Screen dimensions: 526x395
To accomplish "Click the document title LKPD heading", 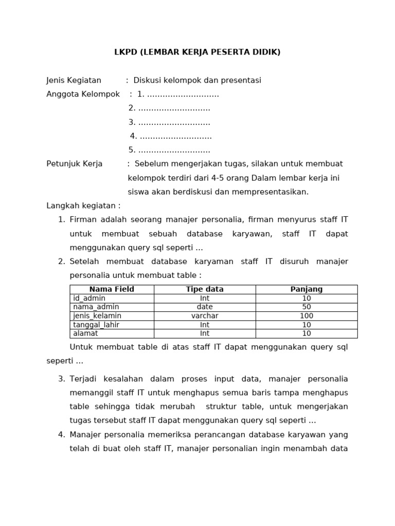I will point(197,52).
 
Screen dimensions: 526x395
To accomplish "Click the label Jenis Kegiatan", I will point(74,81).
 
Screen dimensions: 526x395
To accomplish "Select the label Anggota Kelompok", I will point(83,95).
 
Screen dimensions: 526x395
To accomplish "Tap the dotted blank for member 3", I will point(174,123).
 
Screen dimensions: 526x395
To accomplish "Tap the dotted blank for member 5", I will point(174,151).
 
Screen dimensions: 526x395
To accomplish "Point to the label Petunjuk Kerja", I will point(75,164).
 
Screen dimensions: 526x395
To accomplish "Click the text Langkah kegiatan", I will point(83,206).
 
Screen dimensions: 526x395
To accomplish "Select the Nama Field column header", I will point(112,290).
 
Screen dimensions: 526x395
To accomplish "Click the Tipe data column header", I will point(205,290).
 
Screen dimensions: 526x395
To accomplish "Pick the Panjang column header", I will point(307,290).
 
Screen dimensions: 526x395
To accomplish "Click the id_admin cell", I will point(89,298).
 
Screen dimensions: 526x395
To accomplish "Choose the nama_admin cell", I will point(96,307).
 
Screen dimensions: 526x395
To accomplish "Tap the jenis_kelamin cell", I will point(97,316).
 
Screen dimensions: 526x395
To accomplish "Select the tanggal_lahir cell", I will point(96,325).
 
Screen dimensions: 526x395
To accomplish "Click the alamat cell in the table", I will point(85,333).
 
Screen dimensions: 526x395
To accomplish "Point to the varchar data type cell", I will point(205,316).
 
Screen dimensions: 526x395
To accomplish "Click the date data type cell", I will point(205,307).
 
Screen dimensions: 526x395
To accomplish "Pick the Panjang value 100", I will point(307,316).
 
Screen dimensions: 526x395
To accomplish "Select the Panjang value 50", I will point(307,307).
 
